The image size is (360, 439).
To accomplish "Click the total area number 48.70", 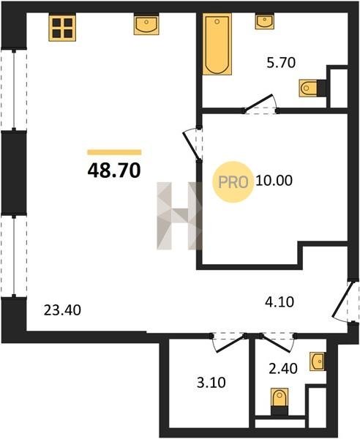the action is (114, 170).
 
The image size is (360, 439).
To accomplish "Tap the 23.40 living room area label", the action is (62, 310).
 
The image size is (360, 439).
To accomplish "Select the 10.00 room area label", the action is (274, 181).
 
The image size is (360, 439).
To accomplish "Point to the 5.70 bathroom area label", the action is (281, 63).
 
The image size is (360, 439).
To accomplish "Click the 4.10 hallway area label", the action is (280, 302).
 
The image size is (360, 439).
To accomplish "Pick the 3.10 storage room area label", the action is (211, 383).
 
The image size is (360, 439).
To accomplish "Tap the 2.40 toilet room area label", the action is (282, 369).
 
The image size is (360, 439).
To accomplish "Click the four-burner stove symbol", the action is (62, 28).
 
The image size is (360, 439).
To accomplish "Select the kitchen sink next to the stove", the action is (146, 25).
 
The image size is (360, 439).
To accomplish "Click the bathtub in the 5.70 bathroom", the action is (217, 44).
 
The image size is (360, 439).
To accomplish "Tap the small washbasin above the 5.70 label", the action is (265, 21).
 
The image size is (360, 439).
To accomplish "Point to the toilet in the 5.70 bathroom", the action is (308, 89).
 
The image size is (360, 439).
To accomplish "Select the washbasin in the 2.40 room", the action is (318, 361).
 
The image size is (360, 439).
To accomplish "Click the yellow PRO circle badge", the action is (233, 182).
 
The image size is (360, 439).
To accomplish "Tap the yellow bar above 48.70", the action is (114, 152).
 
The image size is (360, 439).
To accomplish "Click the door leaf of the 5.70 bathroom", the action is (258, 102).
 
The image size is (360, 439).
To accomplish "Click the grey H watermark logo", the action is (179, 216).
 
